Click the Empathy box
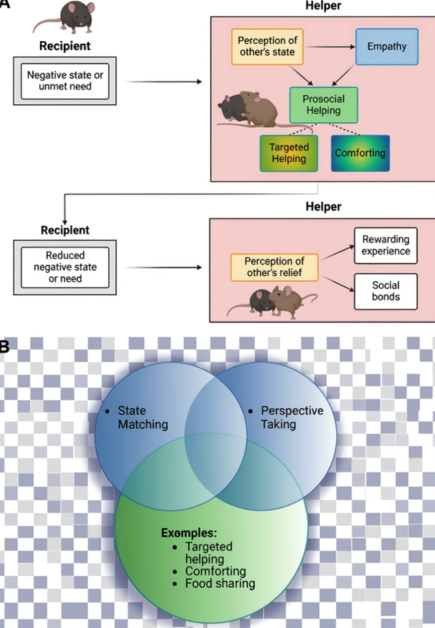[387, 47]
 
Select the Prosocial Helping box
[324, 105]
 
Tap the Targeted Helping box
[288, 153]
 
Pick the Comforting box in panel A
[360, 153]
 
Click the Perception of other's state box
[267, 47]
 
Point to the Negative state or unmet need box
[64, 81]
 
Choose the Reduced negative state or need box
[64, 267]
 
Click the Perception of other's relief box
[274, 267]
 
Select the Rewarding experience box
[385, 246]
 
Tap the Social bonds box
[385, 291]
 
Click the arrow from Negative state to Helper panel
[163, 81]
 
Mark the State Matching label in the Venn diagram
[142, 417]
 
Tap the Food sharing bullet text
[220, 584]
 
